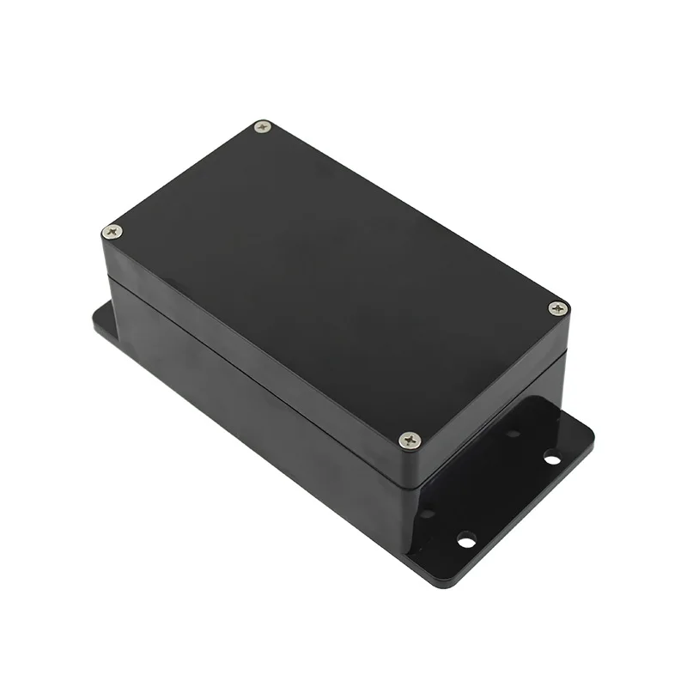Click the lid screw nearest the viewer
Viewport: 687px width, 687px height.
[x=410, y=440]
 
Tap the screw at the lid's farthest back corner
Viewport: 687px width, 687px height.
[x=263, y=127]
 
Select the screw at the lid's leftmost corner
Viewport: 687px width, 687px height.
[x=112, y=230]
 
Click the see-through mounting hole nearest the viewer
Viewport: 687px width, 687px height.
[x=466, y=541]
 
